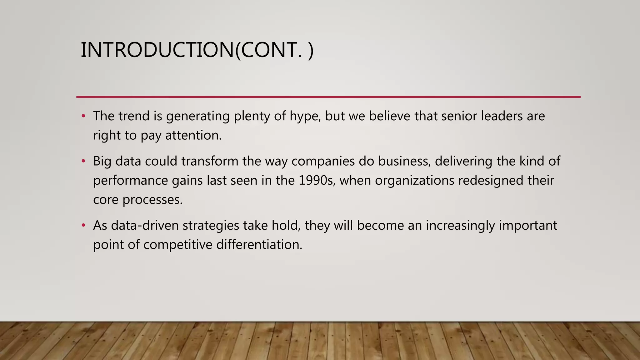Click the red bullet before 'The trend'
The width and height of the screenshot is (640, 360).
pyautogui.click(x=83, y=116)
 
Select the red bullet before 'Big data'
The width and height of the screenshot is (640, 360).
pyautogui.click(x=83, y=161)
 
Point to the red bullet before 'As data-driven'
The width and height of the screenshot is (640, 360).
pyautogui.click(x=83, y=225)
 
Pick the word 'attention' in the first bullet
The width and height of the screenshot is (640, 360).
pyautogui.click(x=192, y=136)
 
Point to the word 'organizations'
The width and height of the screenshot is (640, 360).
pyautogui.click(x=414, y=181)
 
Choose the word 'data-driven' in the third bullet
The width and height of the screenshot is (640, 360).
pyautogui.click(x=145, y=225)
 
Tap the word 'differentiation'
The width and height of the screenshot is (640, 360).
pyautogui.click(x=259, y=245)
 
